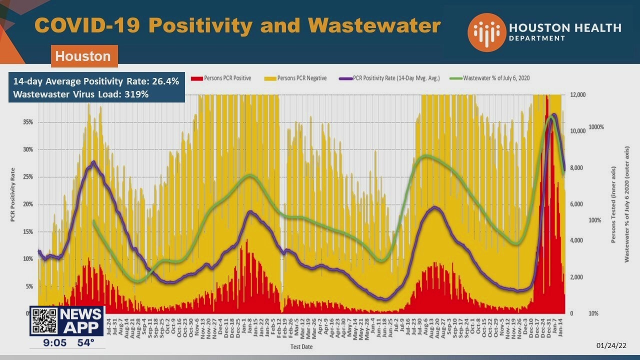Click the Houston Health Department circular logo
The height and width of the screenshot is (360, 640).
coord(486,32)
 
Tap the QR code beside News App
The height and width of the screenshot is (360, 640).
coord(44,321)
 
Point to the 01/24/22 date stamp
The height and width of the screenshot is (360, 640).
coord(611,345)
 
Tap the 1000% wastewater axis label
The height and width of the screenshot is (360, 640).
coord(596,127)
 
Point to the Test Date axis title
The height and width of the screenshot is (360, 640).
coord(302,346)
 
